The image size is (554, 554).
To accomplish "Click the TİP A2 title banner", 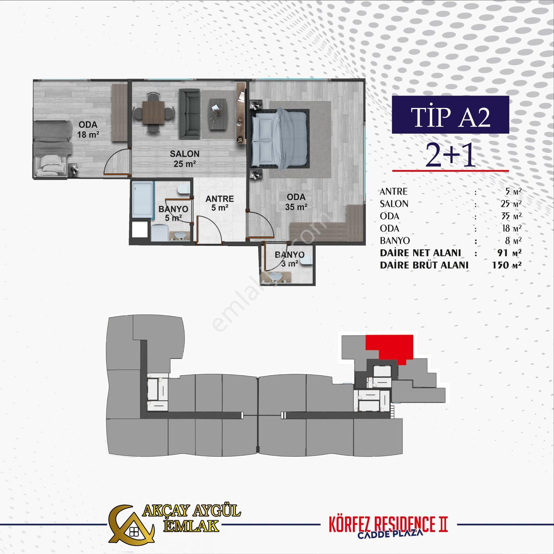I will point(450,115).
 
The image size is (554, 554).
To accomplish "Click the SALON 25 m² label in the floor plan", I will point(185,159).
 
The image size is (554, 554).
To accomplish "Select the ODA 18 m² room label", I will point(88,130).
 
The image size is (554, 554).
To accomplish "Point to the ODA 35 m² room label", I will point(296,202).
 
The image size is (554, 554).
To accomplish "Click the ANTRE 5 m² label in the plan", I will point(220,203).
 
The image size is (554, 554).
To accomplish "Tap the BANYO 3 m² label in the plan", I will point(289,259).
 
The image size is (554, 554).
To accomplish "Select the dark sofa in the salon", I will point(190,113).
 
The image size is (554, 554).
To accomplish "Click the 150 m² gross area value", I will point(507,265).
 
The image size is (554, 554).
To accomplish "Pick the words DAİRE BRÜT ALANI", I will point(424,265).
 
